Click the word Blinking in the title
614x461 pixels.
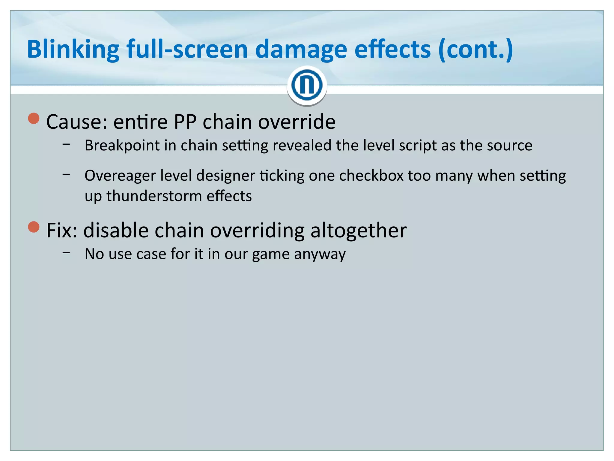click(x=73, y=50)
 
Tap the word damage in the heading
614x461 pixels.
click(x=301, y=50)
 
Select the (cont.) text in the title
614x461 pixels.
click(x=475, y=50)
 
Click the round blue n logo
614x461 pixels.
click(x=306, y=86)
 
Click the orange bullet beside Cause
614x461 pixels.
click(x=34, y=118)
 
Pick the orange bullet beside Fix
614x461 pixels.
click(x=34, y=227)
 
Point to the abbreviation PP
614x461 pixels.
click(x=185, y=122)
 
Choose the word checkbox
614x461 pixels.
click(x=371, y=175)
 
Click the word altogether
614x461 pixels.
click(x=359, y=230)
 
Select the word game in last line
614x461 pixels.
click(x=271, y=255)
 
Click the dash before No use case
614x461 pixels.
click(x=67, y=253)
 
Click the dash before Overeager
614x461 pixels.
click(x=67, y=174)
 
